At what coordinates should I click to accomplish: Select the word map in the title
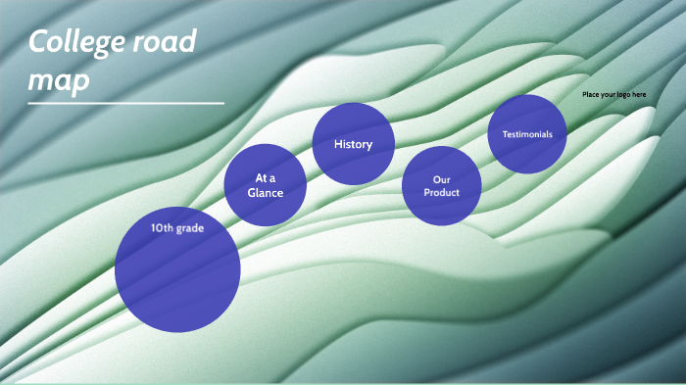(x=59, y=79)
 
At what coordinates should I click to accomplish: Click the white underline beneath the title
(x=125, y=102)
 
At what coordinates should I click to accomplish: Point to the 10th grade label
(x=176, y=228)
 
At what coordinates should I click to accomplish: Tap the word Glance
(x=265, y=193)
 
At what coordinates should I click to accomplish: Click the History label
(x=353, y=145)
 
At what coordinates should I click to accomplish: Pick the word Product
(x=441, y=192)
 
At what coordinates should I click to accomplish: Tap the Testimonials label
(x=527, y=133)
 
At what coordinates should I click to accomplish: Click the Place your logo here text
(x=613, y=94)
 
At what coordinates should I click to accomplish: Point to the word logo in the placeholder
(x=619, y=94)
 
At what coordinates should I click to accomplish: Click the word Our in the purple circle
(x=441, y=179)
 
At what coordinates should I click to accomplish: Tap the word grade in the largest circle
(x=190, y=228)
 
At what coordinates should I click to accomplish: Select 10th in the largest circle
(x=162, y=228)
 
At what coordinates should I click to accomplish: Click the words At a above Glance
(x=265, y=178)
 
